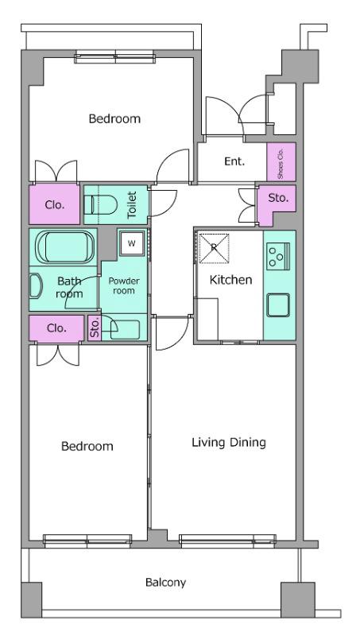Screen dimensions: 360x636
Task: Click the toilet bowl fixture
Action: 101,204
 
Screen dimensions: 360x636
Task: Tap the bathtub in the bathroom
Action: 65,247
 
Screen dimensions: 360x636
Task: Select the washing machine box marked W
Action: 131,243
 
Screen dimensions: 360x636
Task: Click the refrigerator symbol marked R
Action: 214,248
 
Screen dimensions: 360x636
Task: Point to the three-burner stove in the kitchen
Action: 277,256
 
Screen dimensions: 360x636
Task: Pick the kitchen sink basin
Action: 278,305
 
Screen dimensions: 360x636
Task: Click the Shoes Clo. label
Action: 281,162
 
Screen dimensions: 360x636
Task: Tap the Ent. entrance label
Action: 234,161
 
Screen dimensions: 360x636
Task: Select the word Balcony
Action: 165,583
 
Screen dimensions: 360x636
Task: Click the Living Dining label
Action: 229,442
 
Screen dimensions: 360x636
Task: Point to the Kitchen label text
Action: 230,280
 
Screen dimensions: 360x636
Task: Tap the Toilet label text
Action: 133,205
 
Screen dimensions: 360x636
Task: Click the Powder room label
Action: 124,285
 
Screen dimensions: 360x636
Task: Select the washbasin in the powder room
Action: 125,329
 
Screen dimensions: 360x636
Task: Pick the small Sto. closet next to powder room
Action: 95,328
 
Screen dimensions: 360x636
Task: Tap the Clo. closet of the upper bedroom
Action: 54,204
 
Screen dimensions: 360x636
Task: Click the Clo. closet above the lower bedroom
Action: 56,328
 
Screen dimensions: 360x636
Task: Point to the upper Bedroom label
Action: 114,118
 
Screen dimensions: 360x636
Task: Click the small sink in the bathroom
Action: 36,285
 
